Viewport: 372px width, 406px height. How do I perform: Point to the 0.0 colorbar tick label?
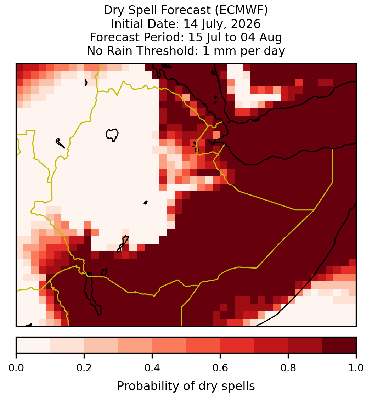tap(16, 368)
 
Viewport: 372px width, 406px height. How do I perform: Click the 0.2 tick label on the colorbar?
tap(84, 368)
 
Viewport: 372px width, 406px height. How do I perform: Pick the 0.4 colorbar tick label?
tap(152, 368)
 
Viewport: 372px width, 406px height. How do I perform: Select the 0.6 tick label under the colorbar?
tap(220, 368)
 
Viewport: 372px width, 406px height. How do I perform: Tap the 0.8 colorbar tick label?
tap(288, 368)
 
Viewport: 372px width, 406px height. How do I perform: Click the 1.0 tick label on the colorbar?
tap(356, 368)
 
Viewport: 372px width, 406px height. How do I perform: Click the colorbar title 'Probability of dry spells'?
tap(186, 386)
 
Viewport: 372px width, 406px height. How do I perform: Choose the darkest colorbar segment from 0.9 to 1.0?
tap(339, 345)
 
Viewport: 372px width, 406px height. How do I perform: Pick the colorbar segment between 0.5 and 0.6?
tap(203, 345)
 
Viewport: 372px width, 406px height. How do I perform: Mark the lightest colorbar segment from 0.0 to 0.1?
tap(33, 345)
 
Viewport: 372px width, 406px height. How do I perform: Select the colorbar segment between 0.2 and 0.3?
tap(101, 345)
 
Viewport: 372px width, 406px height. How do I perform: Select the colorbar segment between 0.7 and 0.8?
tap(271, 345)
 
